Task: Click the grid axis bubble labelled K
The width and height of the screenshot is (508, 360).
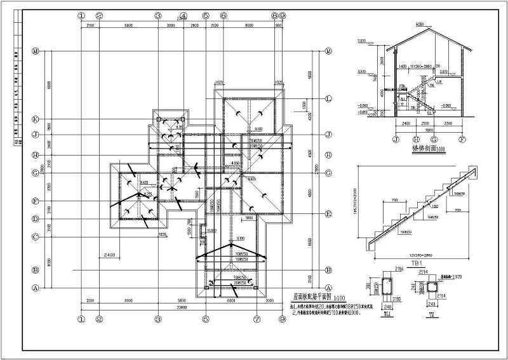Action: [36, 119]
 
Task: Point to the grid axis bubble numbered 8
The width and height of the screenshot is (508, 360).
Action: [274, 15]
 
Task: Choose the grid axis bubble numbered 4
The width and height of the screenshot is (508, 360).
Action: [182, 15]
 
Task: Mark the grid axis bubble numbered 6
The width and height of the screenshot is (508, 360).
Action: [224, 15]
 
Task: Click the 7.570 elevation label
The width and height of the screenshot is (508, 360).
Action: [361, 41]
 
